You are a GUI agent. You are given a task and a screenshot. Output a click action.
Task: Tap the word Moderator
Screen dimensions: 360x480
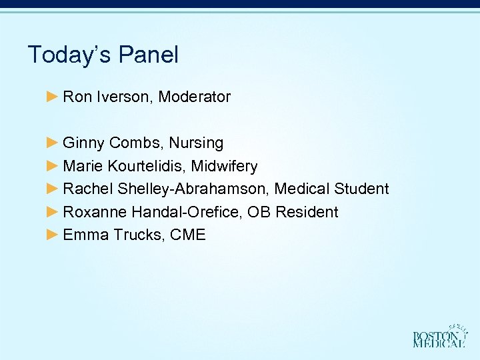tap(195, 97)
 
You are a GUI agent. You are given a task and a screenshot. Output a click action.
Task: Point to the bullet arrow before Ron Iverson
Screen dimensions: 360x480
tap(53, 97)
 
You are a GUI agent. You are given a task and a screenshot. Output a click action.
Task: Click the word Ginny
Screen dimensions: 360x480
tap(83, 143)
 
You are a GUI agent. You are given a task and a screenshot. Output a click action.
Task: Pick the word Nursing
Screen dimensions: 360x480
tap(196, 143)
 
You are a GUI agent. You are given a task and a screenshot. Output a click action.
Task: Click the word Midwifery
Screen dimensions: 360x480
tap(224, 166)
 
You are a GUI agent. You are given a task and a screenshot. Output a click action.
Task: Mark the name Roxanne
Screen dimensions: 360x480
tap(95, 212)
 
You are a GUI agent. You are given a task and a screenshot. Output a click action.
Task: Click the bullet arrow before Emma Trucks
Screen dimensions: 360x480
tap(53, 235)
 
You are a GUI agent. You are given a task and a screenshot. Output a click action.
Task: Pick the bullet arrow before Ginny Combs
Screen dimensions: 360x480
tap(53, 143)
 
